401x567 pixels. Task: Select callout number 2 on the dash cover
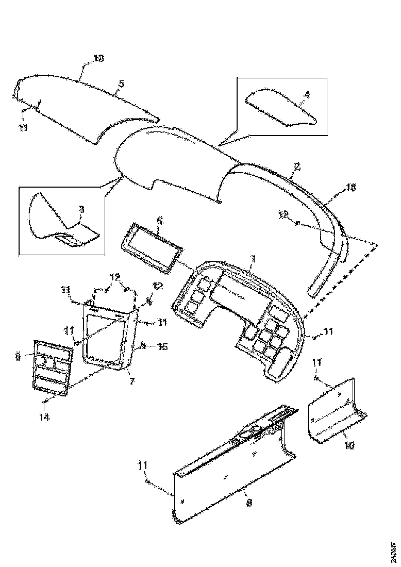[x=297, y=166]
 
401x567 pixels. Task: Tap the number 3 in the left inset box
[x=81, y=209]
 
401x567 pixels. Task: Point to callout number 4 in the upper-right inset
[x=307, y=94]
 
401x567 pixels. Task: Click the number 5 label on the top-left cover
[x=121, y=83]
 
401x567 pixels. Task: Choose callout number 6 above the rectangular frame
[x=159, y=220]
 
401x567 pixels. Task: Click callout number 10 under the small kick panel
[x=349, y=445]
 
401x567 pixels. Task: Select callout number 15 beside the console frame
[x=162, y=347]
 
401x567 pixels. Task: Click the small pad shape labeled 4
[x=281, y=108]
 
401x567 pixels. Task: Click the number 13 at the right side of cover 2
[x=350, y=187]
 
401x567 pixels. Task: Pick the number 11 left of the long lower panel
[x=143, y=466]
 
